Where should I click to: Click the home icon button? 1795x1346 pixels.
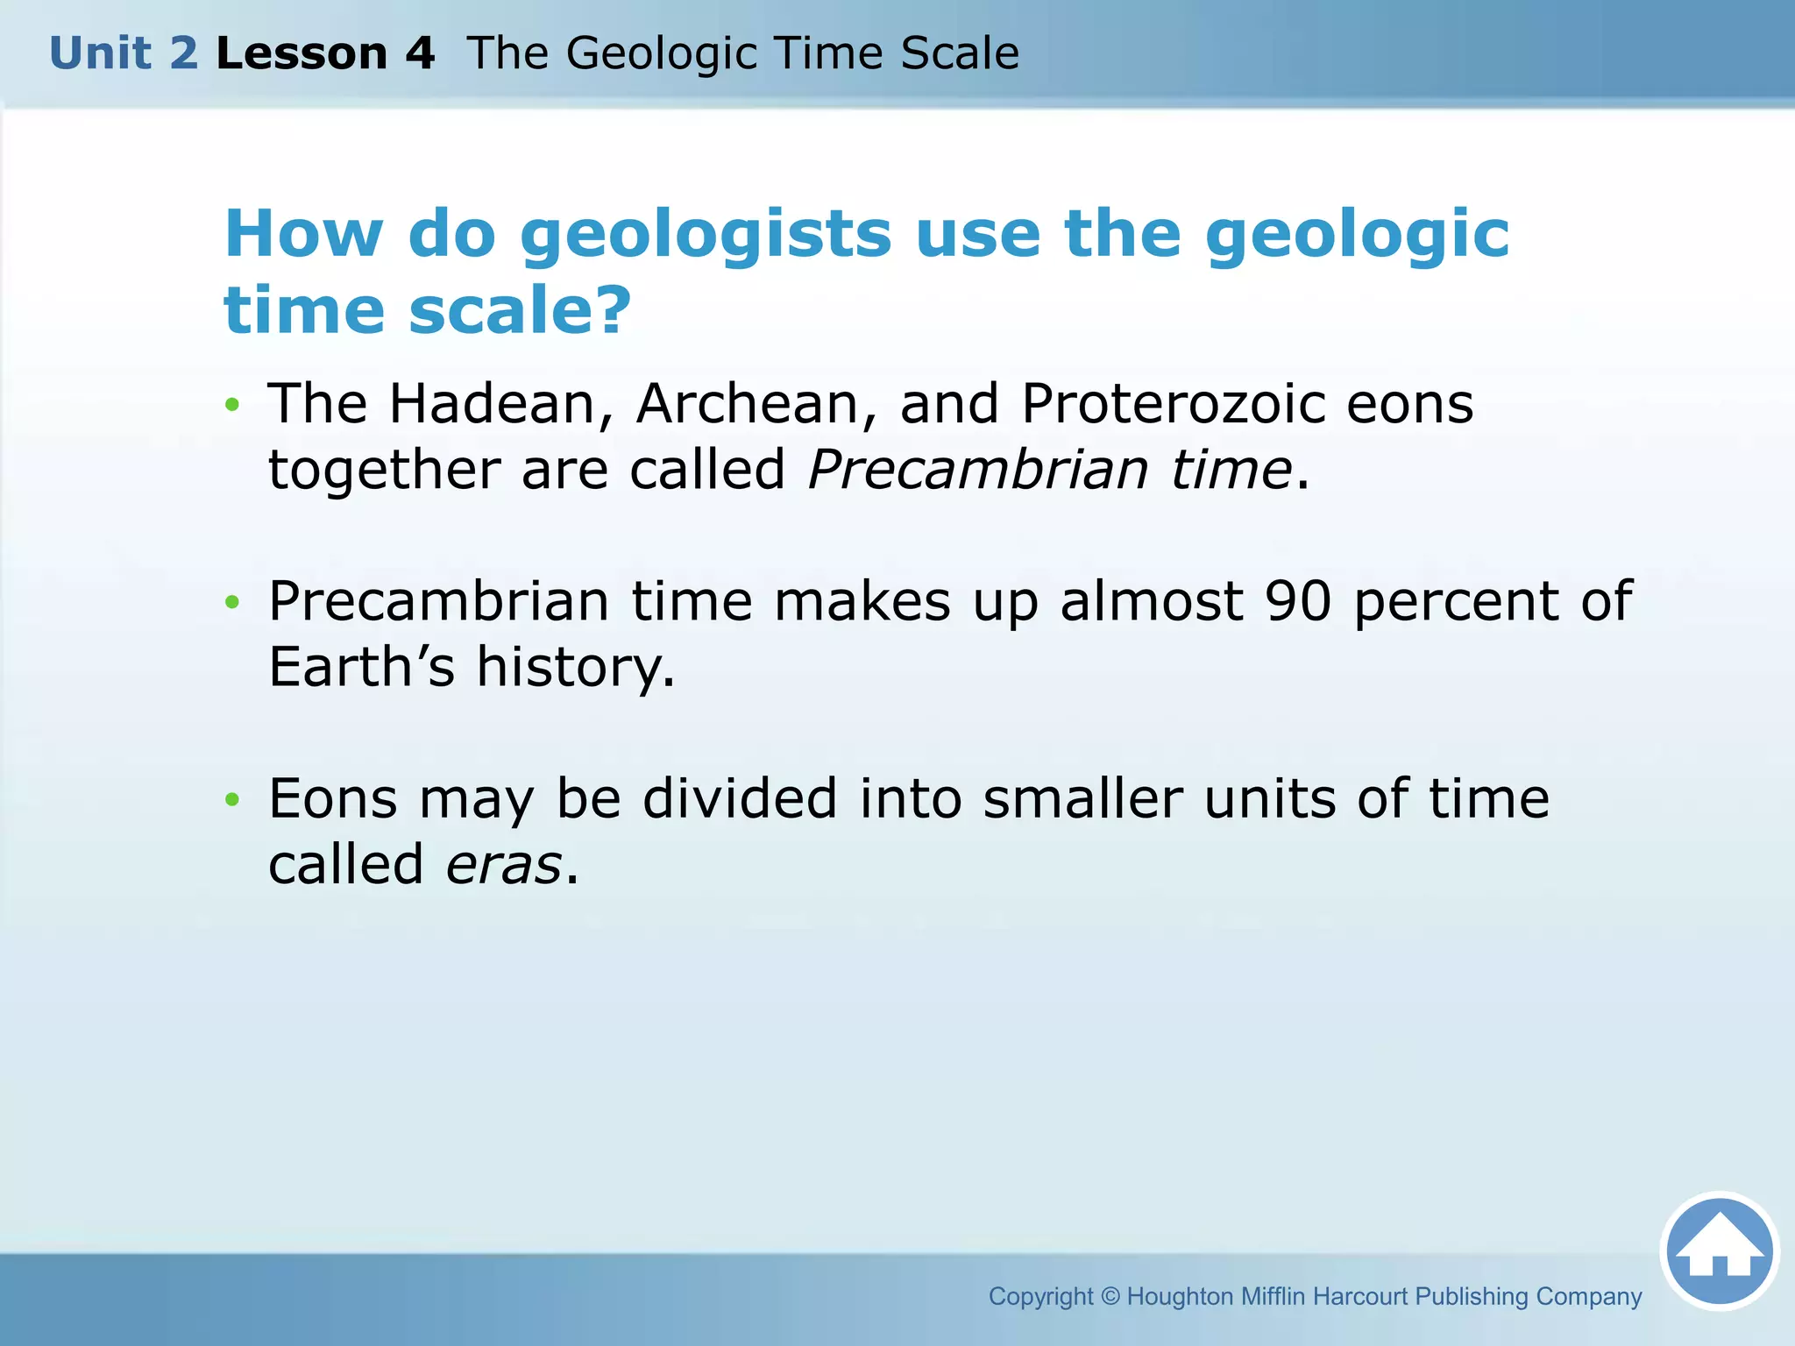1719,1251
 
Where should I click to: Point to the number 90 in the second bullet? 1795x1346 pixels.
1298,601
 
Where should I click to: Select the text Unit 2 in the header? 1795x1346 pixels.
124,53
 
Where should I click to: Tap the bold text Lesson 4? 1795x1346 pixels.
325,53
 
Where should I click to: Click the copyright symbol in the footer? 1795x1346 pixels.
1110,1296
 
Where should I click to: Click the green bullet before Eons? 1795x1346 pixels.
231,799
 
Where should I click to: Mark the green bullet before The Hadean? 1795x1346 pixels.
231,405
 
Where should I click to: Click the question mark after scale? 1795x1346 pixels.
610,310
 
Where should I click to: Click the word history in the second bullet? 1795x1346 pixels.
575,669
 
